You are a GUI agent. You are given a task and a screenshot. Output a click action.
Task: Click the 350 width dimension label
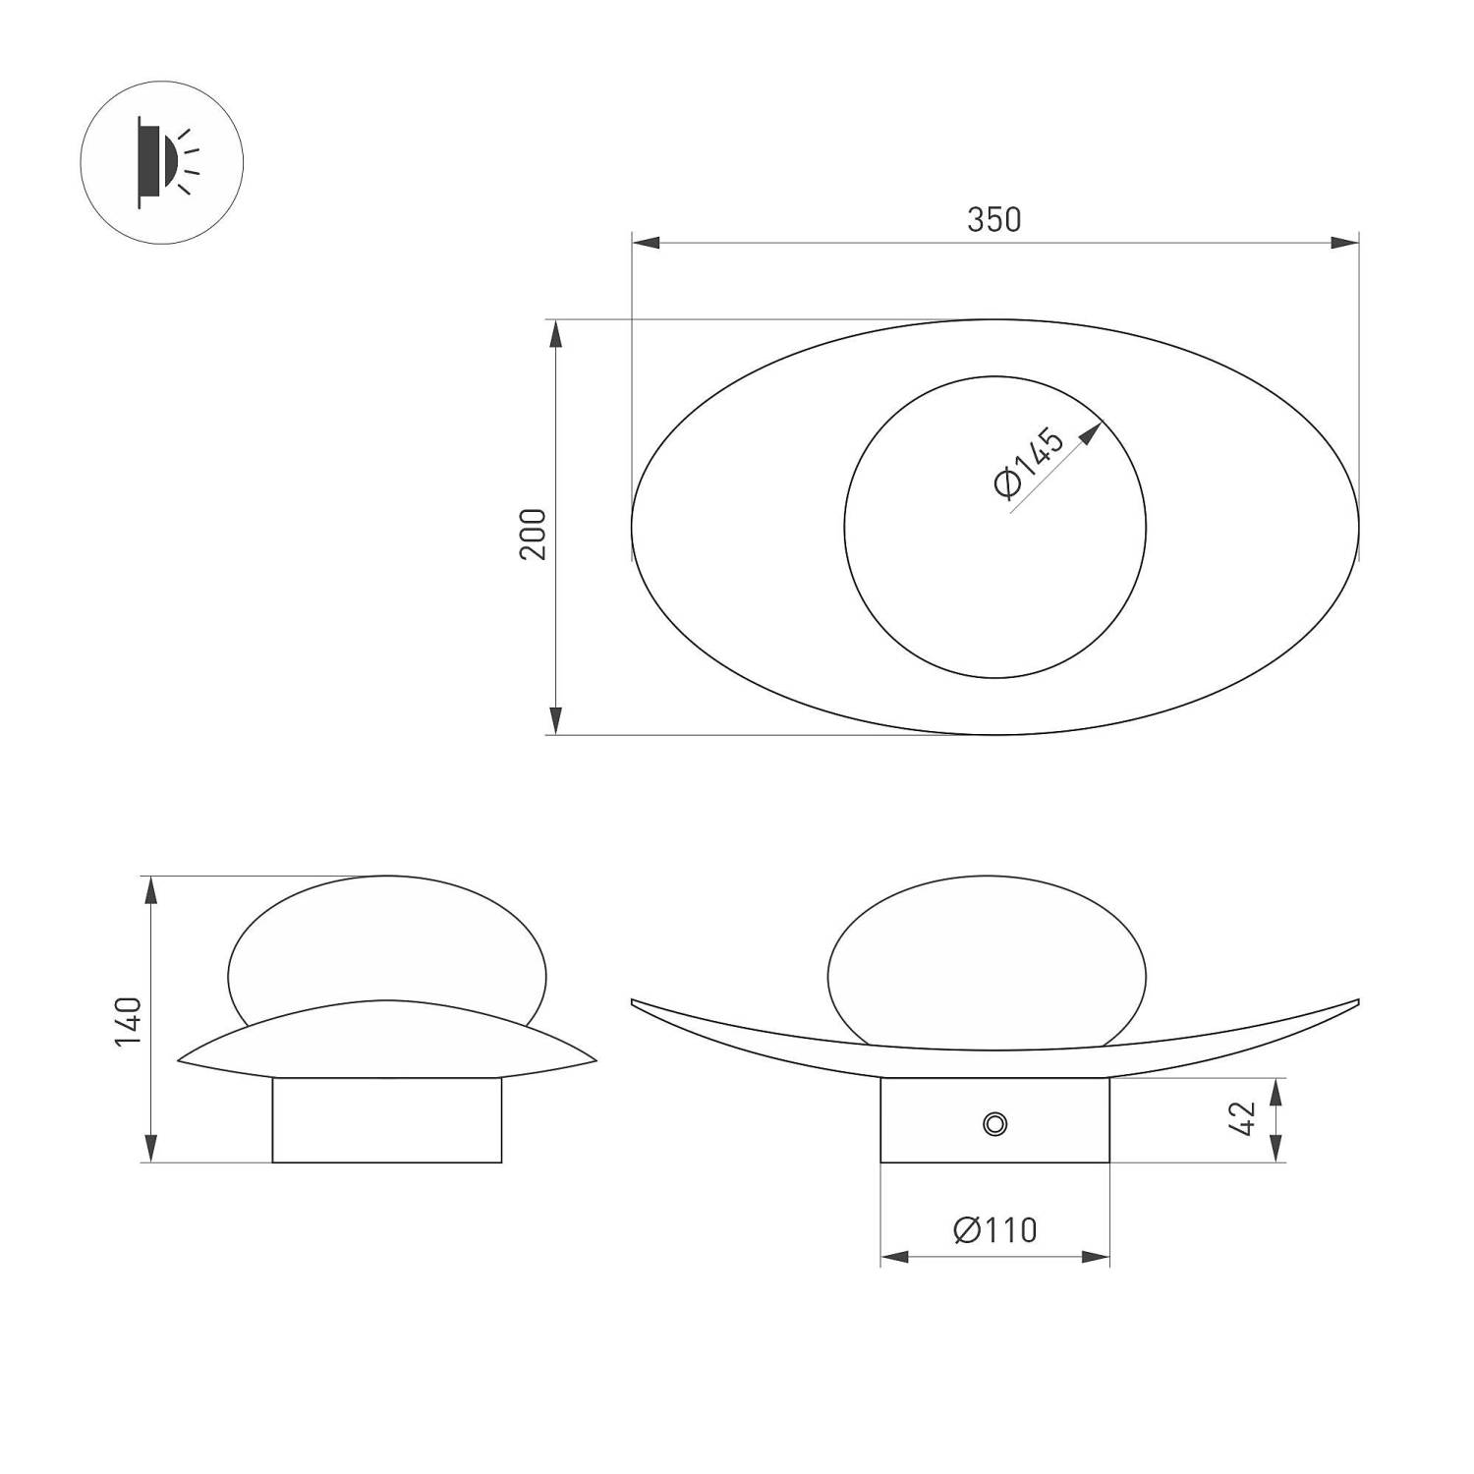tap(993, 219)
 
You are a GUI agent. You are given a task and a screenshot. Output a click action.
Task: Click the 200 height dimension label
tap(533, 534)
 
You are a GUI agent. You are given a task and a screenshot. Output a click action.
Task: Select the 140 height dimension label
tap(129, 1021)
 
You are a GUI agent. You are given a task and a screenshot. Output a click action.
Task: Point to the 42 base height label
tap(1243, 1119)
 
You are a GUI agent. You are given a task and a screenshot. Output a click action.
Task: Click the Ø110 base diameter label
tap(994, 1229)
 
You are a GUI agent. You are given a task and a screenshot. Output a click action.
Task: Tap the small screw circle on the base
tap(994, 1123)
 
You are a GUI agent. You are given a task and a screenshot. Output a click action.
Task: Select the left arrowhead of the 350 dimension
tap(645, 243)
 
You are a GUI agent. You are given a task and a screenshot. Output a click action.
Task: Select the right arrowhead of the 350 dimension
tap(1345, 243)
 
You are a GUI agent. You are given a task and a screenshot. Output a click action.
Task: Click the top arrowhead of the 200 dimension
tap(556, 333)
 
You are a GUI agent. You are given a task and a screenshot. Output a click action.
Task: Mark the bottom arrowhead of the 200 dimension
tap(556, 720)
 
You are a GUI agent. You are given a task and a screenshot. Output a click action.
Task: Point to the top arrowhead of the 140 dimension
tap(150, 889)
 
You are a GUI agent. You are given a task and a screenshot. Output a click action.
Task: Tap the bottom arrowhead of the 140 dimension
tap(150, 1149)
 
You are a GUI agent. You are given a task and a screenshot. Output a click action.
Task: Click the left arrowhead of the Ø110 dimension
tap(894, 1257)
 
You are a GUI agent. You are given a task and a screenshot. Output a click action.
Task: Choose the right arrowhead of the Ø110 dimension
tap(1096, 1257)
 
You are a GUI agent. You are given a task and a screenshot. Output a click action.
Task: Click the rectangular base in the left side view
tap(386, 1120)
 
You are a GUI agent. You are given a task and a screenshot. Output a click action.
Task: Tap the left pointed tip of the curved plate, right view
tap(634, 1001)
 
